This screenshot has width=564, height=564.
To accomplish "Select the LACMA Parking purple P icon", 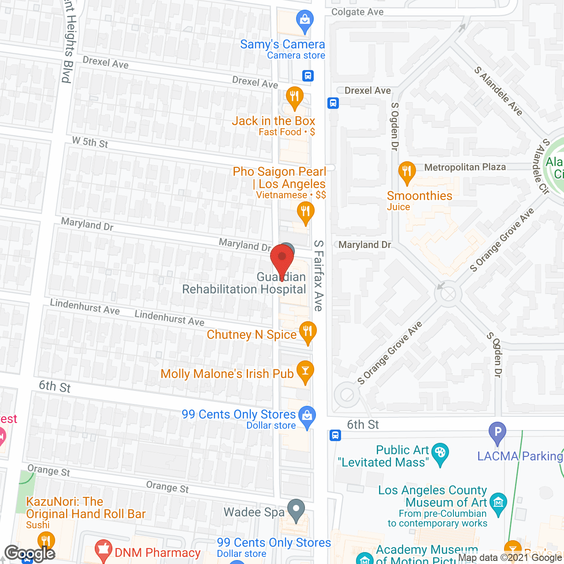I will pos(497,431).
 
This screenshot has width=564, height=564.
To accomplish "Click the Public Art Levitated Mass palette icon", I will pos(440,453).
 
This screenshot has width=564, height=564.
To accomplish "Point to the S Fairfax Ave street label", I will pos(319,276).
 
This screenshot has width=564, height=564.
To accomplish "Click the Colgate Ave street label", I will pos(357,12).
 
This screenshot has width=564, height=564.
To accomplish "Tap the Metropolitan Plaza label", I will pos(465,167).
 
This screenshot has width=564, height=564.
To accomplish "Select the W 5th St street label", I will pos(90,142).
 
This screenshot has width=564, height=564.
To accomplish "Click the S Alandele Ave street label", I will pos(498,91).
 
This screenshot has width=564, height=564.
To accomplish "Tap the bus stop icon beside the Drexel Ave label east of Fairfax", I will pos(333,103).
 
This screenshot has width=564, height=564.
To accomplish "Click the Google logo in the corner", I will pos(30,553).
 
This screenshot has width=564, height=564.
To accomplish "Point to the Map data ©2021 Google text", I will pos(510,558).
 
